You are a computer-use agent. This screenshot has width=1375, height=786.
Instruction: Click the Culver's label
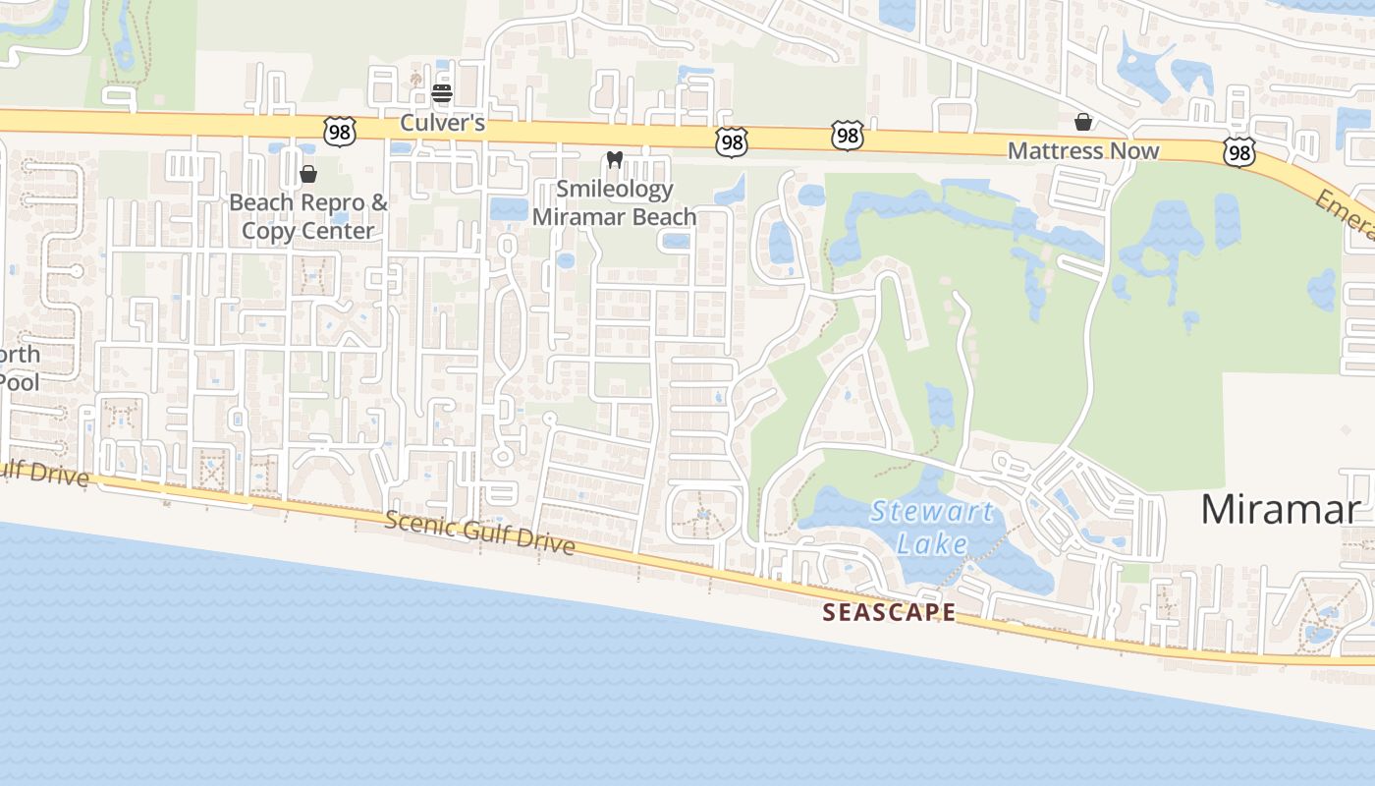pyautogui.click(x=442, y=123)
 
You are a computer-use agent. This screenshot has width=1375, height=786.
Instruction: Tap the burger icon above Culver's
pyautogui.click(x=442, y=93)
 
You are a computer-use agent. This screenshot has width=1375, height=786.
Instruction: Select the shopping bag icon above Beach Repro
pyautogui.click(x=308, y=174)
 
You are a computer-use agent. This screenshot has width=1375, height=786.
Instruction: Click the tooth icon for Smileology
pyautogui.click(x=615, y=159)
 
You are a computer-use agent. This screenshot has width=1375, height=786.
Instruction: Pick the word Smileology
pyautogui.click(x=615, y=189)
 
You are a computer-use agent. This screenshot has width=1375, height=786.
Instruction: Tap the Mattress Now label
pyautogui.click(x=1083, y=151)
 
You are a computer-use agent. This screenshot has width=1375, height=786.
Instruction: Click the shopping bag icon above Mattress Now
pyautogui.click(x=1083, y=122)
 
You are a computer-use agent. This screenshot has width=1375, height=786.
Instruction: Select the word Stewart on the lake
pyautogui.click(x=932, y=512)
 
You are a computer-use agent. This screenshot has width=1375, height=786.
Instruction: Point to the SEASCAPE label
pyautogui.click(x=889, y=612)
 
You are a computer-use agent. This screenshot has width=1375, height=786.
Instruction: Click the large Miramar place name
pyautogui.click(x=1280, y=510)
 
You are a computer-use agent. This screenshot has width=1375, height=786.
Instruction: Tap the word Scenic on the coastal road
pyautogui.click(x=419, y=524)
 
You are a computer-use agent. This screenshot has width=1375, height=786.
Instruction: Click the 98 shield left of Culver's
pyautogui.click(x=338, y=132)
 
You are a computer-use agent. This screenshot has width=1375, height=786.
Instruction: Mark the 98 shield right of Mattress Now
pyautogui.click(x=1239, y=150)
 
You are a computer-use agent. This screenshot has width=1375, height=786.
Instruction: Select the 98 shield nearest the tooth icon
pyautogui.click(x=731, y=142)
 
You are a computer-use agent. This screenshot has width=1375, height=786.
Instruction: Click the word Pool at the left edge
pyautogui.click(x=19, y=381)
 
